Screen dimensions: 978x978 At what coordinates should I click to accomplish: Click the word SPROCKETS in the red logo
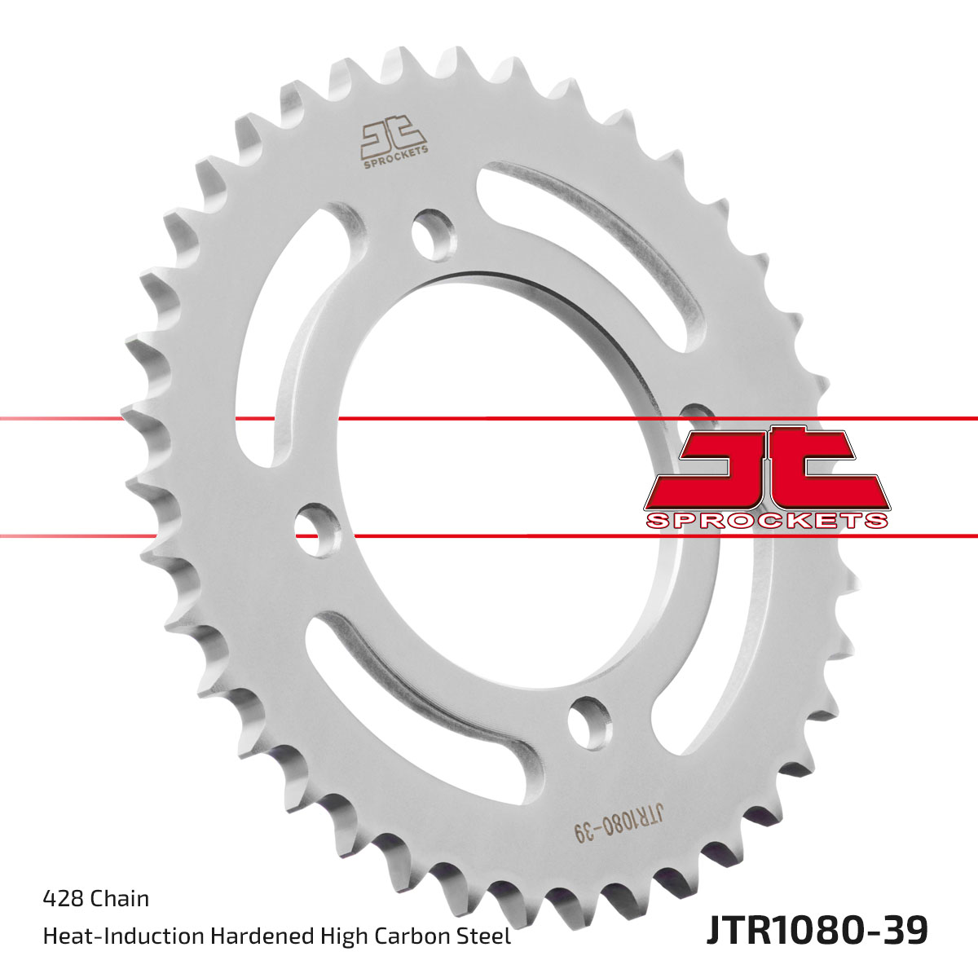767,520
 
